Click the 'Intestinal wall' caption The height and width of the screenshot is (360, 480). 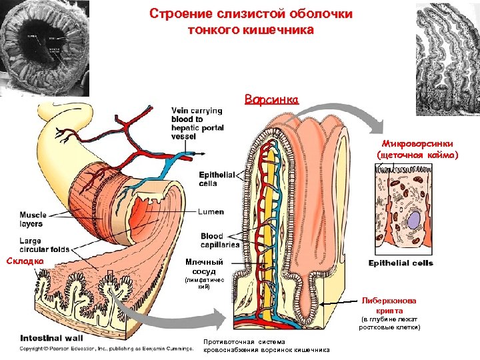point(51,337)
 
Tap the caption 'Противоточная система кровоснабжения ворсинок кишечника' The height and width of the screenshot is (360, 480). point(267,346)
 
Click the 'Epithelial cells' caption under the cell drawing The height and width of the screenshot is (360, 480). point(401,263)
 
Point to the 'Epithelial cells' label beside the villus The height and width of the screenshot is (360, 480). point(217,179)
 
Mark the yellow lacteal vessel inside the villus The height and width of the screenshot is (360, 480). point(271,200)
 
